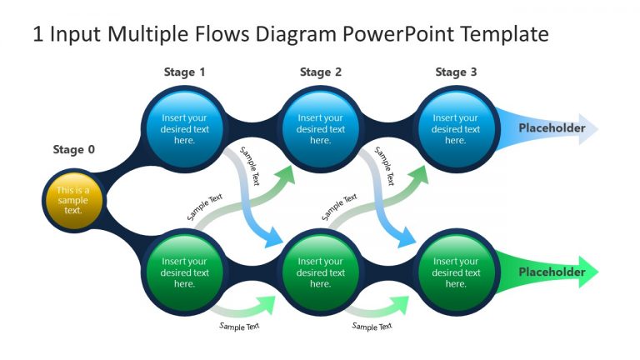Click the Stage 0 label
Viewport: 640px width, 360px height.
(x=73, y=150)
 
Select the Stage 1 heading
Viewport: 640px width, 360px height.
(x=184, y=72)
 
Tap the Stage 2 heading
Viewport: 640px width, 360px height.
(x=321, y=72)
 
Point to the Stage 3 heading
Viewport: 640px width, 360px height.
(x=456, y=72)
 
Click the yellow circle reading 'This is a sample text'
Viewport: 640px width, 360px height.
(x=73, y=200)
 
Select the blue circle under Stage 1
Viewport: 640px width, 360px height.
(x=184, y=129)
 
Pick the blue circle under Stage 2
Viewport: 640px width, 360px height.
(x=321, y=129)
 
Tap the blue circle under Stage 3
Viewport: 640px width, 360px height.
(x=456, y=129)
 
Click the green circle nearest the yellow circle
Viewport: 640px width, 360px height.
(x=184, y=272)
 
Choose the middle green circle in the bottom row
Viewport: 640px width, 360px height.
(x=321, y=272)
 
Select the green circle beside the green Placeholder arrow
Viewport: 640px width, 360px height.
(x=456, y=272)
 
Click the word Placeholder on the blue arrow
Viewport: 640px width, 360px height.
(x=552, y=128)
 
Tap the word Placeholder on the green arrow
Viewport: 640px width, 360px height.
(x=552, y=272)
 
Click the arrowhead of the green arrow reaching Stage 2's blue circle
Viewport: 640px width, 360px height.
(x=286, y=173)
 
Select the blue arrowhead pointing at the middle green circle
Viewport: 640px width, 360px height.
(x=272, y=240)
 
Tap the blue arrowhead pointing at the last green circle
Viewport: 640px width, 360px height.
(x=405, y=240)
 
